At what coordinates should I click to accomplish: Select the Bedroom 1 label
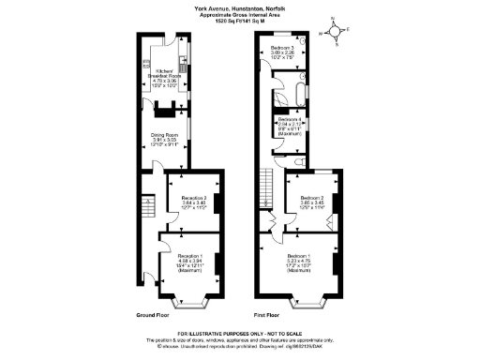click(300, 262)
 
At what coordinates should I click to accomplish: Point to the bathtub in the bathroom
click(300, 95)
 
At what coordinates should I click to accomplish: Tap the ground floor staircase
click(146, 207)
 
